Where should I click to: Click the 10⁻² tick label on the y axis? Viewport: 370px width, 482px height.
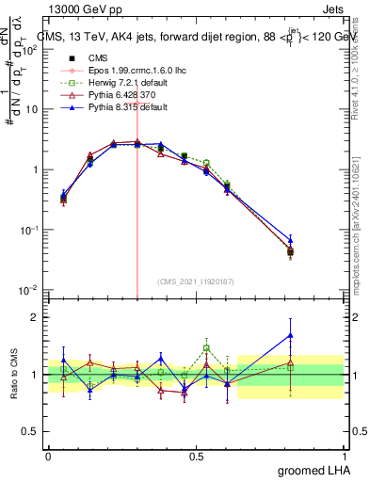31,290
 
